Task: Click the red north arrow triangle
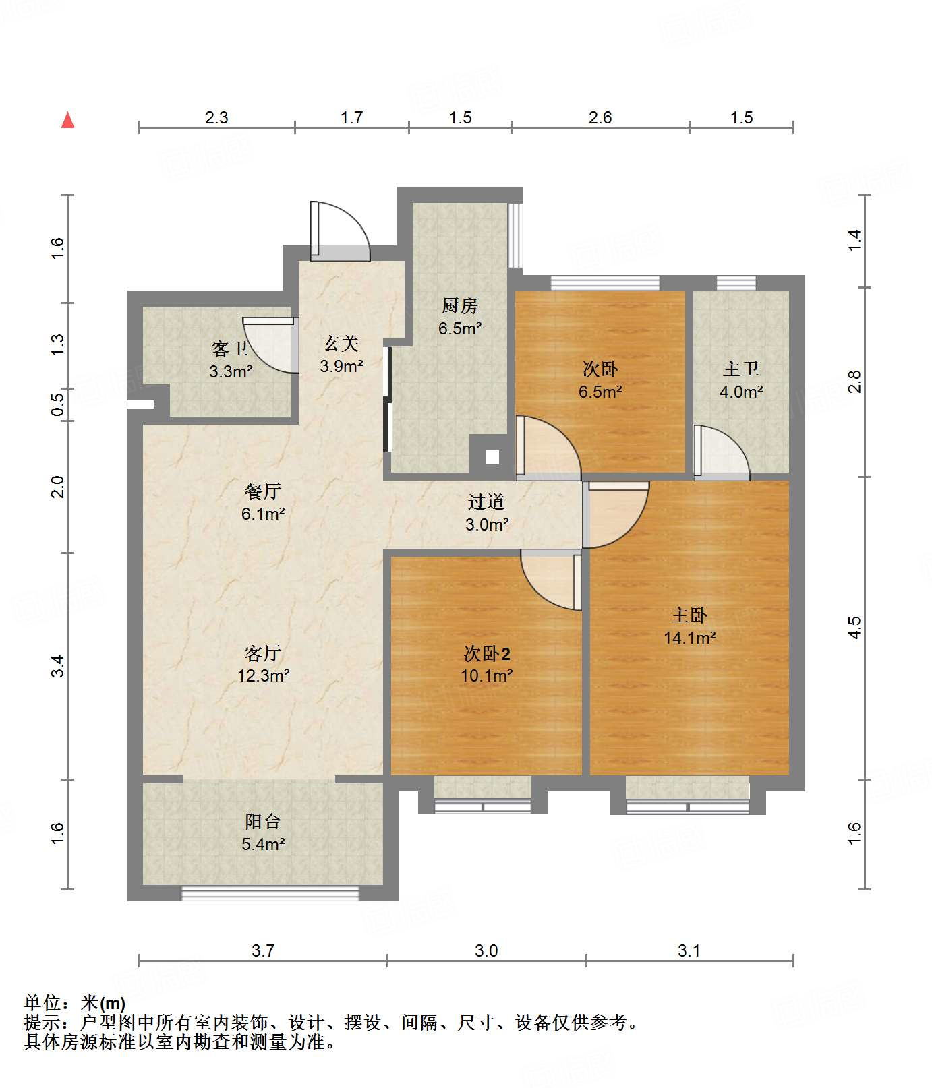click(67, 121)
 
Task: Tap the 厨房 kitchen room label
click(459, 306)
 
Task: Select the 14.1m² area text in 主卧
click(689, 638)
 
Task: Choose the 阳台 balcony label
click(262, 821)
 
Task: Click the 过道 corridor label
click(486, 502)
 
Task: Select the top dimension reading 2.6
click(600, 117)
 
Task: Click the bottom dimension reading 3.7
click(263, 950)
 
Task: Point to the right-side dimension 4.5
click(854, 628)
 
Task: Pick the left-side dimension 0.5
click(58, 404)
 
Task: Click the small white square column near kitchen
click(492, 457)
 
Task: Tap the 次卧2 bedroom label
click(486, 653)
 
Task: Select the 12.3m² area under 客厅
click(263, 675)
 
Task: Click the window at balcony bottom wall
click(270, 893)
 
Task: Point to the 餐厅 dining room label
click(262, 491)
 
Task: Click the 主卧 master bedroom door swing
click(615, 514)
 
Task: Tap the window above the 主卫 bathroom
click(735, 282)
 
